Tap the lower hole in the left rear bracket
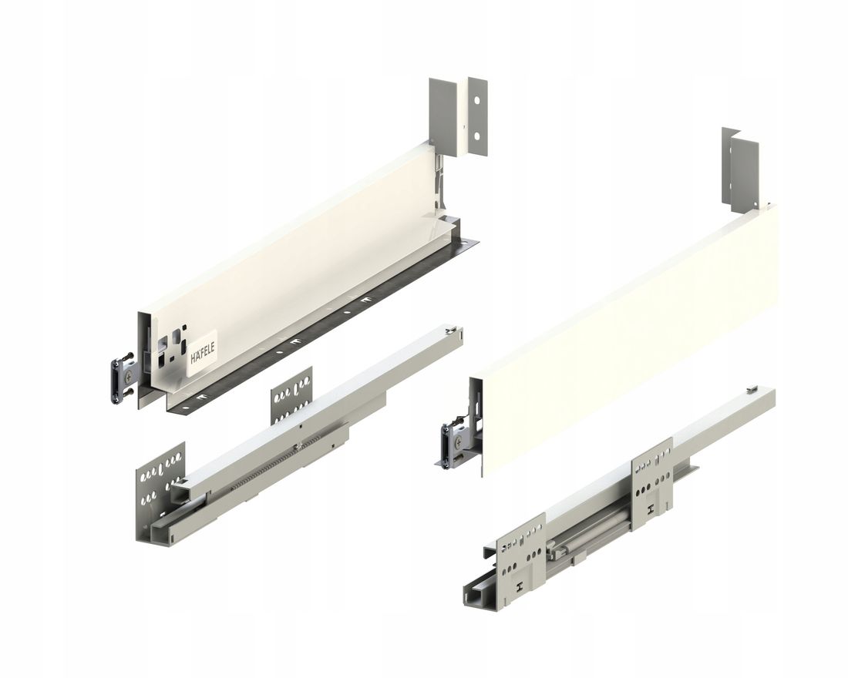coord(476,136)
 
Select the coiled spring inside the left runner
coord(266,468)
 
